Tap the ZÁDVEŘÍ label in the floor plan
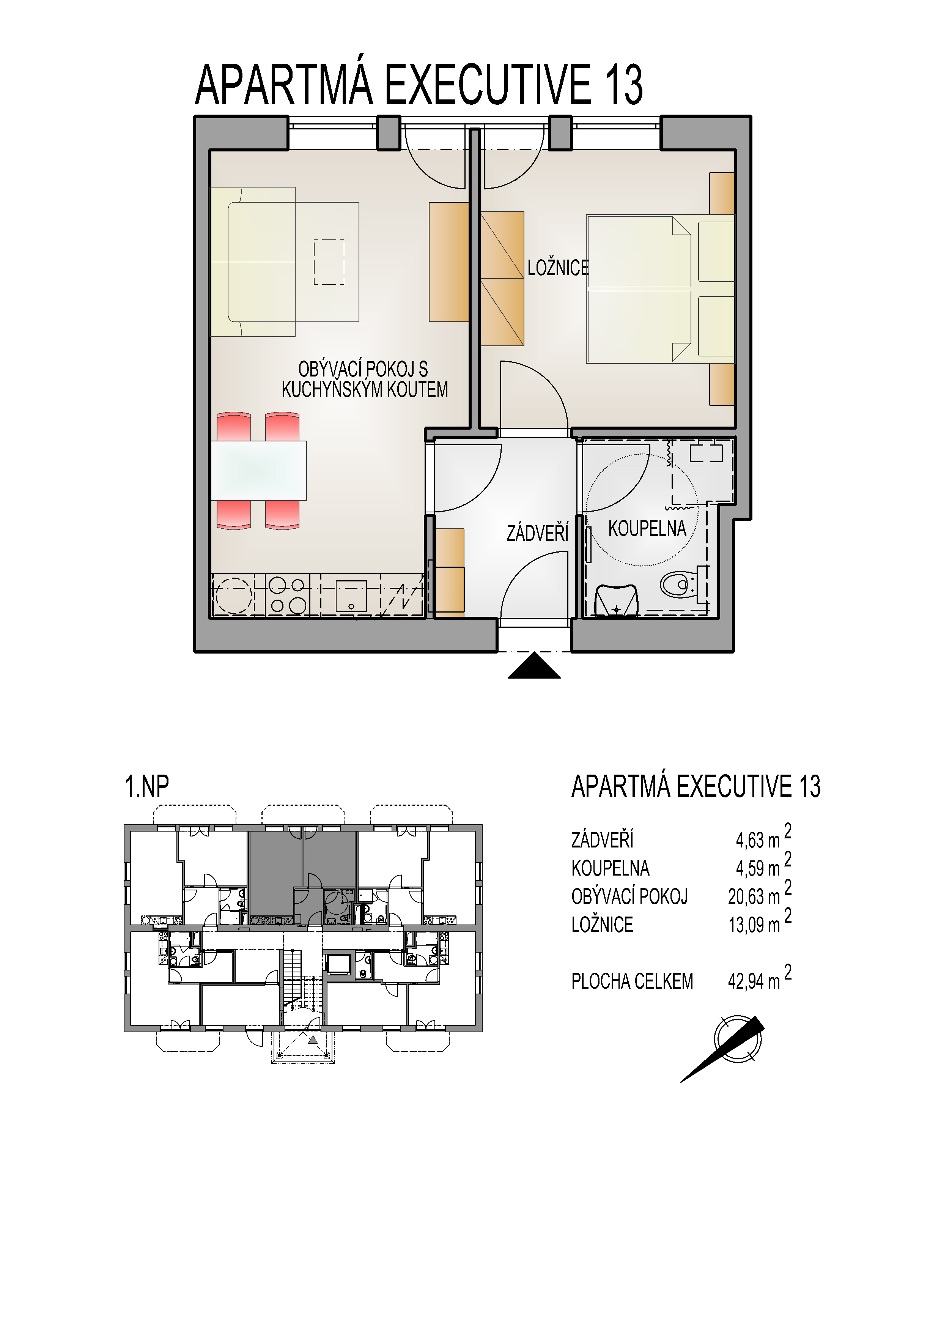tap(537, 533)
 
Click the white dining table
tap(258, 471)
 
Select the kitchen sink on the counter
tap(351, 596)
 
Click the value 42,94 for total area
tap(746, 981)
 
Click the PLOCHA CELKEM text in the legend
tap(632, 981)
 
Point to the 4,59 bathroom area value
tap(750, 868)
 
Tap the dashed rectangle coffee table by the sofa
tap(329, 262)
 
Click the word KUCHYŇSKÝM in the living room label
tap(333, 389)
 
